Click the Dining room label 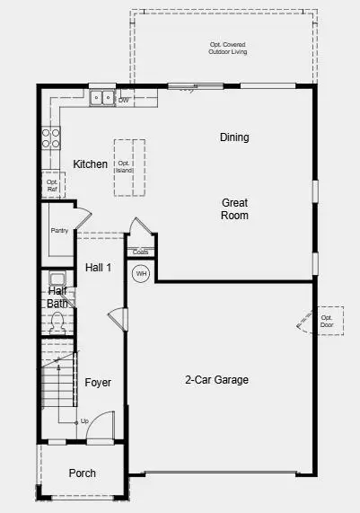point(234,137)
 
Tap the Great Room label point(235,209)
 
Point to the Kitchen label point(91,164)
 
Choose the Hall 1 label point(99,268)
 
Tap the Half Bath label point(57,297)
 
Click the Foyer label point(98,383)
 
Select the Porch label point(83,473)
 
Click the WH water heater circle point(141,273)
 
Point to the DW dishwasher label point(124,100)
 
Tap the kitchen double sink point(101,98)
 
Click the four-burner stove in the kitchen point(50,137)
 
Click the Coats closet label point(140,252)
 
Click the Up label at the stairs point(84,421)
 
